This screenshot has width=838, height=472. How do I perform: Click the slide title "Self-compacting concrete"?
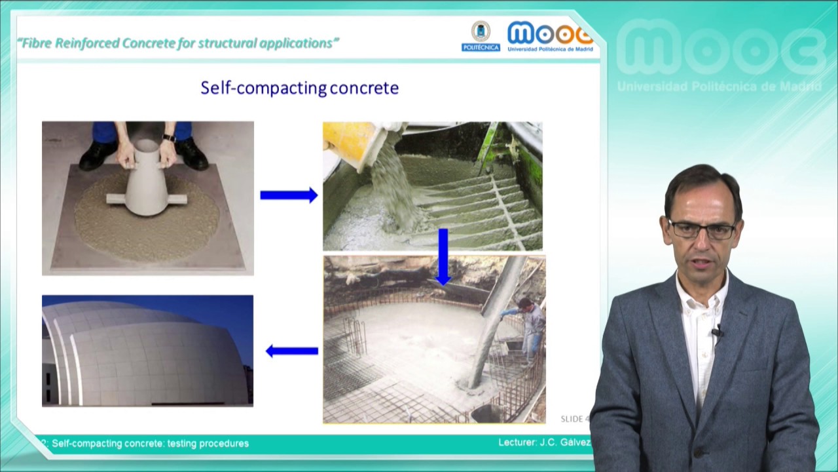click(x=299, y=88)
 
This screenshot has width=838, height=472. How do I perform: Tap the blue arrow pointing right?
click(x=288, y=195)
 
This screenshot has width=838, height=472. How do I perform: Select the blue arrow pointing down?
click(x=443, y=256)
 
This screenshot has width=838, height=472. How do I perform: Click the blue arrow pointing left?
click(x=292, y=351)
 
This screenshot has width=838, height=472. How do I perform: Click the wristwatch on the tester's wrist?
click(x=169, y=138)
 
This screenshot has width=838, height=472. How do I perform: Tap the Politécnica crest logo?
click(x=481, y=36)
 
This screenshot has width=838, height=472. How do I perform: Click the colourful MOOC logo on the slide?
click(x=550, y=35)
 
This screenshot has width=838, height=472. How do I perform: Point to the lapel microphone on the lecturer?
click(x=717, y=333)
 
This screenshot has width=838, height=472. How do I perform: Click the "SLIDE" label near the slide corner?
click(x=572, y=419)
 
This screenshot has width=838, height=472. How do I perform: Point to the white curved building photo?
click(x=147, y=351)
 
